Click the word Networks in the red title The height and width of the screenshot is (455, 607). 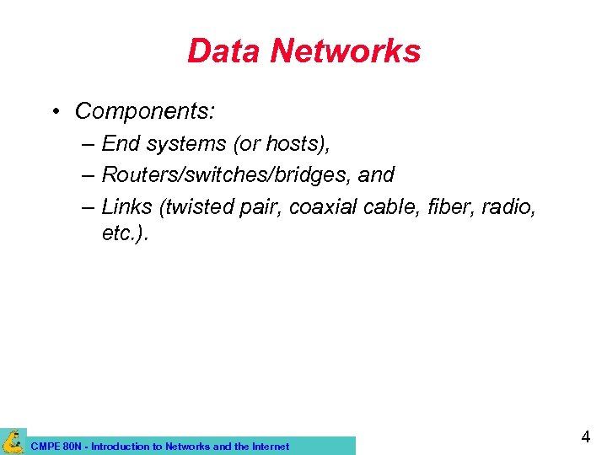346,51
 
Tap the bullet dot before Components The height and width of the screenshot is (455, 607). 54,111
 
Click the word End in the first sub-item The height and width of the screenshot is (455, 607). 121,144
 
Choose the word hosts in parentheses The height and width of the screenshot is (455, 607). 295,144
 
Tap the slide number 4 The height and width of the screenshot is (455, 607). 585,437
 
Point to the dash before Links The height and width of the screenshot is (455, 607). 89,206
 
